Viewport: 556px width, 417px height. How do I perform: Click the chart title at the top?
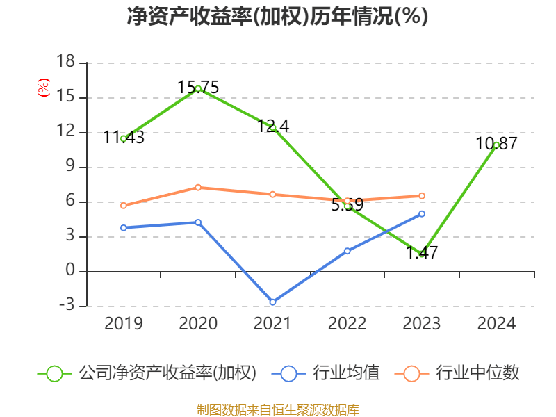[277, 17]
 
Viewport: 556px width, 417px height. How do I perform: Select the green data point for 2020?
[198, 88]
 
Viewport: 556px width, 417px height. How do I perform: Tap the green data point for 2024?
[496, 145]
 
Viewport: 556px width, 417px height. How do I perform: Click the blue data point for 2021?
[272, 302]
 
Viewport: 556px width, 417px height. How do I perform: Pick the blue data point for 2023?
[422, 213]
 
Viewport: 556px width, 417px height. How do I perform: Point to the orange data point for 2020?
[198, 187]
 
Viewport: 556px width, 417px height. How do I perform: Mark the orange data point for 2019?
[124, 206]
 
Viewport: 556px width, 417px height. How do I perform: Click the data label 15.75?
[198, 87]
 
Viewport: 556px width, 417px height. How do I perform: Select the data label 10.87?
[496, 144]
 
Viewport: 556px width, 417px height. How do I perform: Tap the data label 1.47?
[422, 253]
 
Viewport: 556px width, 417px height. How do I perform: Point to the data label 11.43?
[124, 138]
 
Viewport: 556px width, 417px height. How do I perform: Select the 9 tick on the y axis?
[69, 167]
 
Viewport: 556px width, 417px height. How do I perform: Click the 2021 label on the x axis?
[272, 324]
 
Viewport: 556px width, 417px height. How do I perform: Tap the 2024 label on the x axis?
[496, 324]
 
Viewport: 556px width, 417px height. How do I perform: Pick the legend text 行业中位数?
[477, 373]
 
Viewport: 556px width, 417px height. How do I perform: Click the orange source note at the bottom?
[277, 409]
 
